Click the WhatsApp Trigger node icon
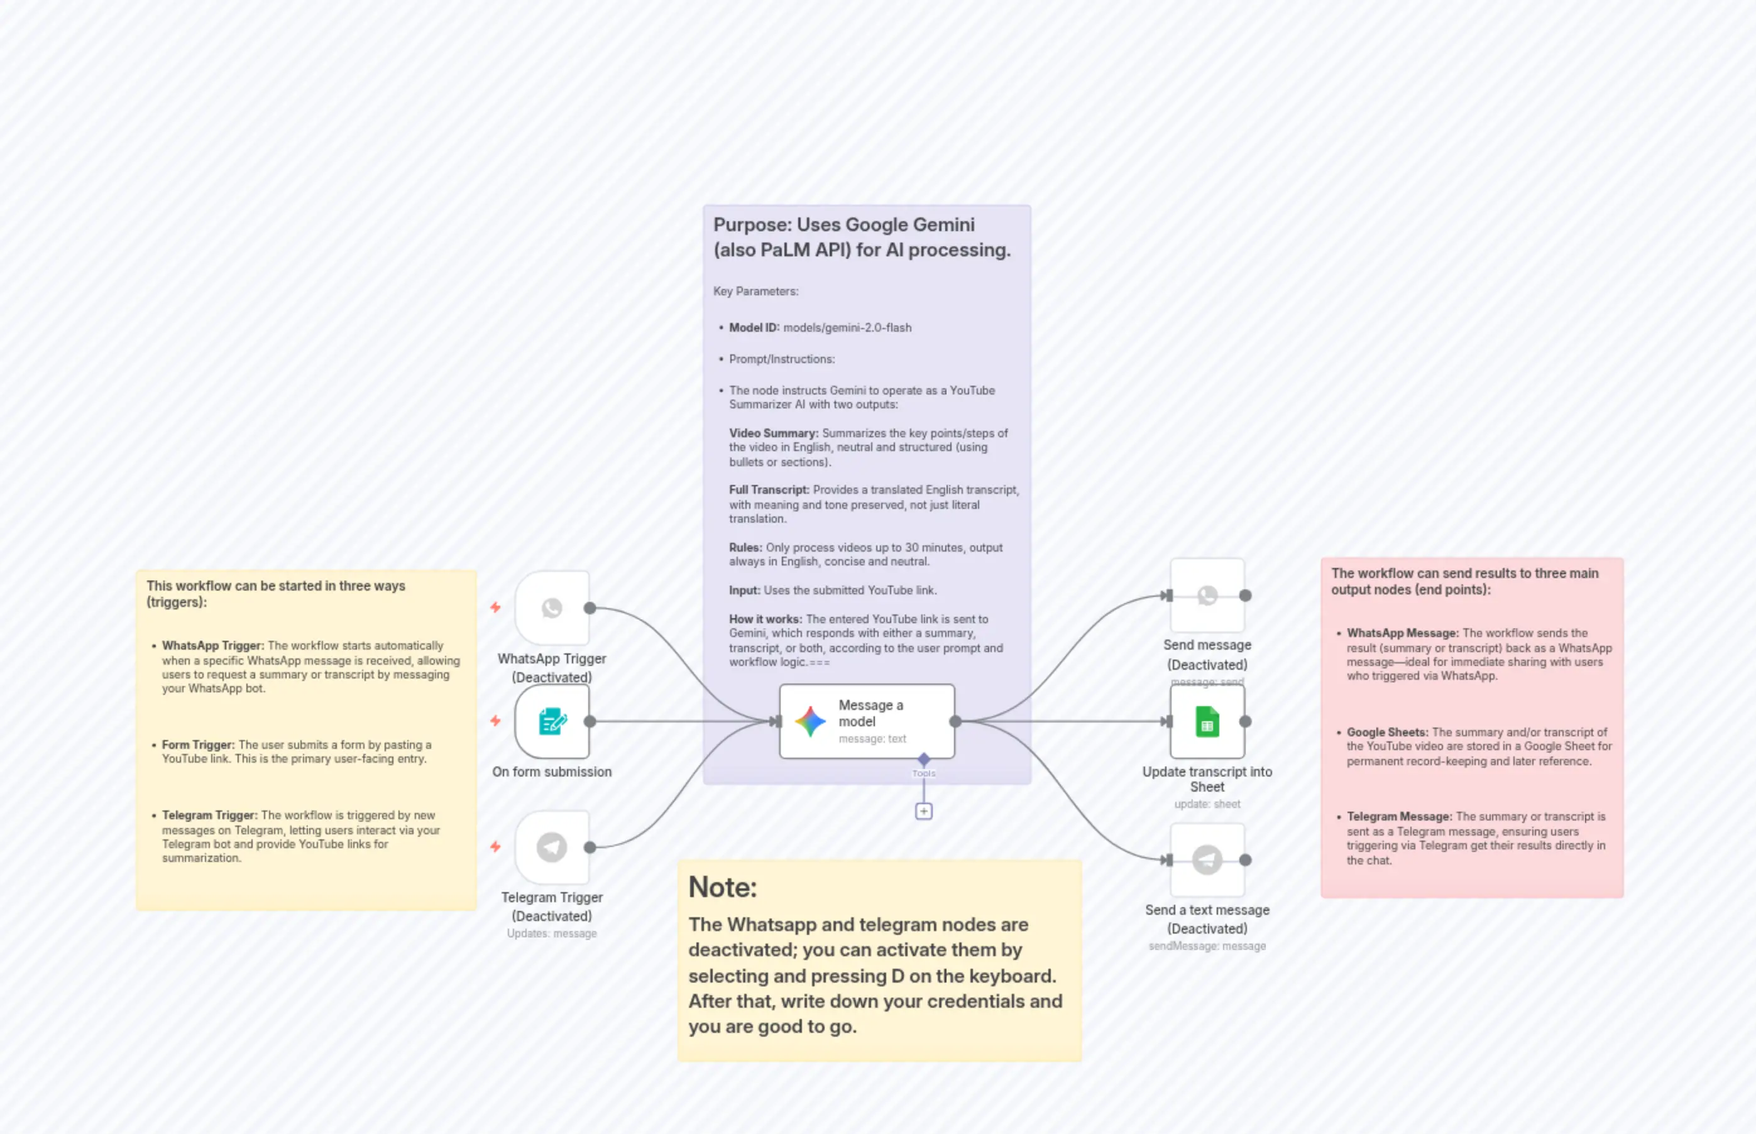click(552, 608)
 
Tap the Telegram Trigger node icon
click(552, 847)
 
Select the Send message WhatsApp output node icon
click(1207, 595)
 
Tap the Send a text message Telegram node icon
click(1207, 859)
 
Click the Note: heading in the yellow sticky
click(723, 887)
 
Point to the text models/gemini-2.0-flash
click(847, 328)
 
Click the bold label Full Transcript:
click(768, 489)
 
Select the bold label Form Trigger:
click(198, 744)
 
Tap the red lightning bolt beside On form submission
click(496, 721)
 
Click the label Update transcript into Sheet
click(1207, 779)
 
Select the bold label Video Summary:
click(774, 433)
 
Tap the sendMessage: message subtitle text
click(1207, 946)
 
